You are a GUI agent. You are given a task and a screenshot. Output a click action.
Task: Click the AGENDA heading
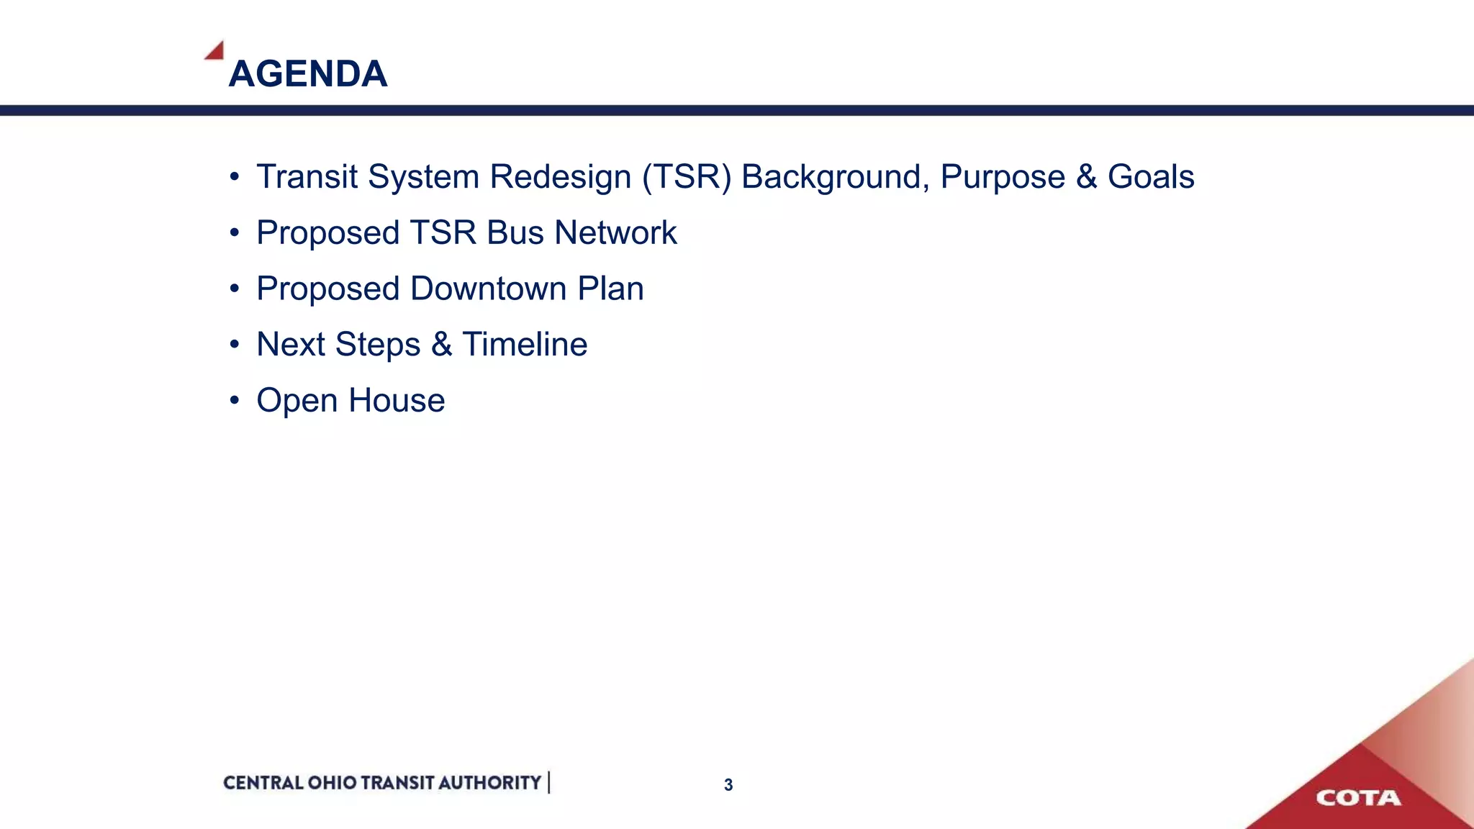pos(308,73)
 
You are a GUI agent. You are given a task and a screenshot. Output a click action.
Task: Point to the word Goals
pos(1151,177)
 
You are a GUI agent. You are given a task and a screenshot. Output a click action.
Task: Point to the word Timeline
pos(525,344)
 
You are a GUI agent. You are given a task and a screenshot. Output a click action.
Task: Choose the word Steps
pos(378,345)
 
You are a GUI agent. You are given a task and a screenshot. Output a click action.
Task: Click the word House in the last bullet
pos(397,400)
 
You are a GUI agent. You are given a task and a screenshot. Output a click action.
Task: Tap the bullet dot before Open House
pos(234,400)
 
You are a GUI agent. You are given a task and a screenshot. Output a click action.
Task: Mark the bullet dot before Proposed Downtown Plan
pos(234,289)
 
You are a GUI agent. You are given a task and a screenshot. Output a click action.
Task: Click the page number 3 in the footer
pos(728,785)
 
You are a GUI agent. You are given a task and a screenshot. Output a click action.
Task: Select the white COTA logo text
pos(1358,798)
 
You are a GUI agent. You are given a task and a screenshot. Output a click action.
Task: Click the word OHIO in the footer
pos(332,783)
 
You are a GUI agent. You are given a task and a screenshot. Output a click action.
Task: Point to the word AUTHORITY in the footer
pos(489,783)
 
